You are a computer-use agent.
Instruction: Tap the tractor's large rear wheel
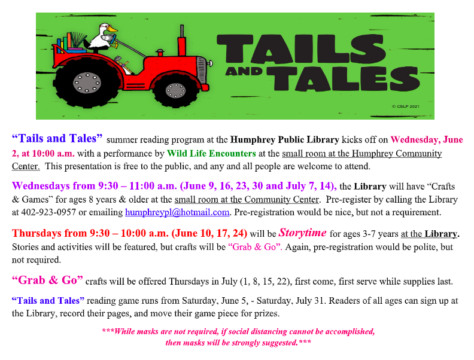pos(87,83)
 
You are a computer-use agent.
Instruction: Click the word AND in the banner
pos(244,72)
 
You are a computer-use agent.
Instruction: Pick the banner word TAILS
pos(301,48)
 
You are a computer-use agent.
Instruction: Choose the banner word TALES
pos(344,78)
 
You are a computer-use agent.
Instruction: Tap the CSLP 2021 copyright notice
pos(405,106)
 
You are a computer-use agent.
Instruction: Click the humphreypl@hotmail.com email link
pos(177,212)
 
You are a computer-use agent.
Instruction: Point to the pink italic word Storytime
pos(302,233)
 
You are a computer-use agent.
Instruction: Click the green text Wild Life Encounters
pos(211,154)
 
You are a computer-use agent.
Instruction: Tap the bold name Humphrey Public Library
pos(284,140)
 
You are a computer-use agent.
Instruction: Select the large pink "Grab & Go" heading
pos(47,280)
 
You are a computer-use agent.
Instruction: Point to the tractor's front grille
pos(201,70)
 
